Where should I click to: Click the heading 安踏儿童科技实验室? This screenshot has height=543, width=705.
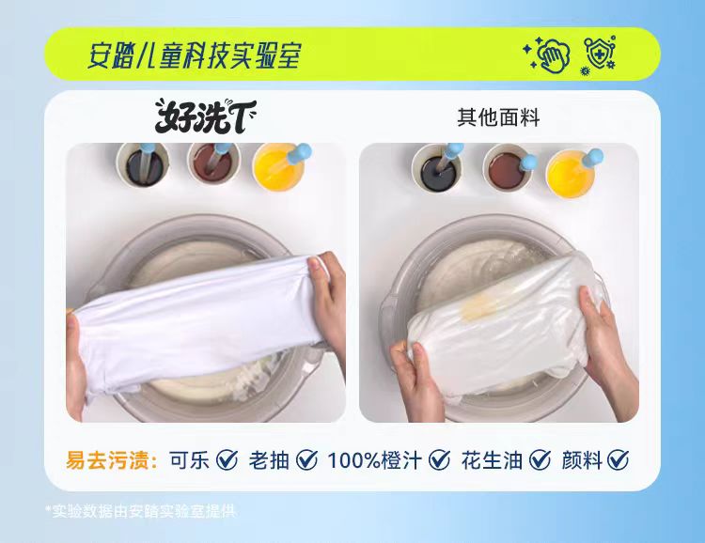pos(194,56)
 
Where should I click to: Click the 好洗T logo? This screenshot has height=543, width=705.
pos(206,116)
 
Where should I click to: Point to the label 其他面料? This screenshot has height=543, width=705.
pos(498,117)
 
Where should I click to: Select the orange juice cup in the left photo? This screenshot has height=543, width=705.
pos(279,167)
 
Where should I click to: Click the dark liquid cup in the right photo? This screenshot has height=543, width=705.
pos(437,167)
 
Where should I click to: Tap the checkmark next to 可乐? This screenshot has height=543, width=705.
pos(227,459)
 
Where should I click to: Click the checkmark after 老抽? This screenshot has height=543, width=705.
pos(307,459)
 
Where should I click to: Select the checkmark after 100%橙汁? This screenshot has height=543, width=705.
pos(439,459)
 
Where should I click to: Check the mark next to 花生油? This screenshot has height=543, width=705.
pos(540,459)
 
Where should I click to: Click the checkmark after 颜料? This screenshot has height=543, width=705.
pos(619,459)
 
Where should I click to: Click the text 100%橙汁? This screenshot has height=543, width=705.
pos(374,460)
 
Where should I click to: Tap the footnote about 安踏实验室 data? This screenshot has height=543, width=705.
pos(141,511)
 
